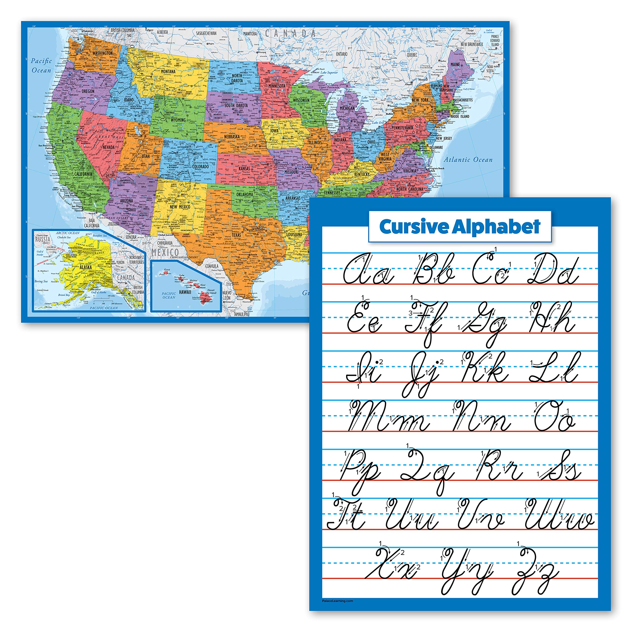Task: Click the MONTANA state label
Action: click(x=168, y=71)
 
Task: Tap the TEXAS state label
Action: click(x=236, y=235)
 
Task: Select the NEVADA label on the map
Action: click(x=109, y=147)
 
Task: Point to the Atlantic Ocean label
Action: click(x=468, y=160)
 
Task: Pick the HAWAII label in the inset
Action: click(x=185, y=292)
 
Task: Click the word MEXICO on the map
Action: click(x=165, y=252)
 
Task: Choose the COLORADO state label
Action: click(x=200, y=166)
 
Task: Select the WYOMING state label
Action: click(x=178, y=120)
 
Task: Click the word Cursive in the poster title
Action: click(x=414, y=227)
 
